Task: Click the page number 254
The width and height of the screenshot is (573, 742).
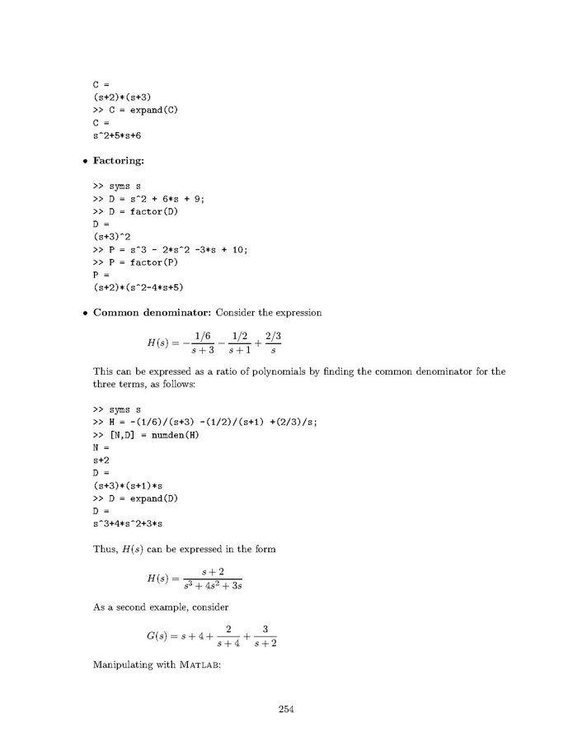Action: click(286, 709)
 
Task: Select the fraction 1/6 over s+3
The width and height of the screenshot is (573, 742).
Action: click(195, 343)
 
